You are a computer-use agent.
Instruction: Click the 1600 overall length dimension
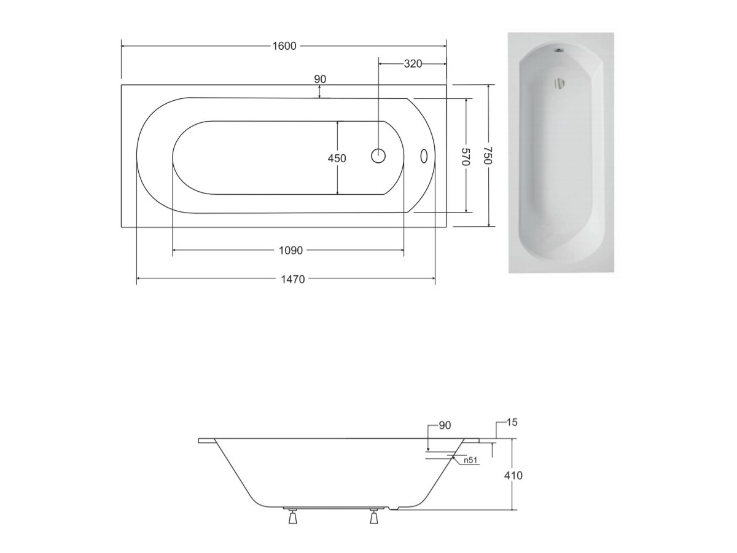point(284,46)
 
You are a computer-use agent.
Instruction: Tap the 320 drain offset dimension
point(413,64)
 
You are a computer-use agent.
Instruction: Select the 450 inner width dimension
point(337,158)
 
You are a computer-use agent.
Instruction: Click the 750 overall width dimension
point(488,155)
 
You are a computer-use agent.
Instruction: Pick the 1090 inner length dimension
point(291,251)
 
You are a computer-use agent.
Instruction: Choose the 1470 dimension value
point(293,280)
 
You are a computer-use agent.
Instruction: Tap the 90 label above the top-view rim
point(320,79)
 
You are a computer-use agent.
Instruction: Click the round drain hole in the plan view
point(378,156)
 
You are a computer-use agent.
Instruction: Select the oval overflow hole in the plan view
point(424,156)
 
